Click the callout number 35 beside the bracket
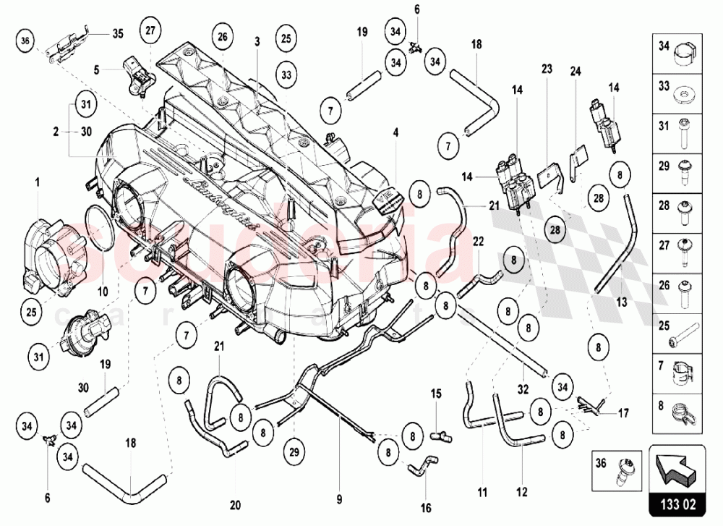[118, 33]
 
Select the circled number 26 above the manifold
[222, 37]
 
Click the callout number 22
[478, 241]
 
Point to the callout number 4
[395, 132]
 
